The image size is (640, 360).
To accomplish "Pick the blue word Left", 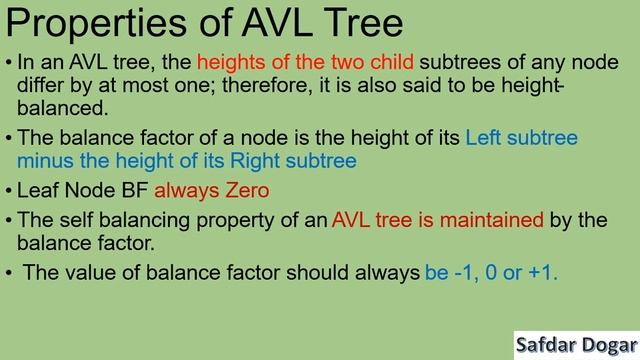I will pyautogui.click(x=486, y=137).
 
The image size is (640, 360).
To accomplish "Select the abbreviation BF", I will pyautogui.click(x=133, y=189).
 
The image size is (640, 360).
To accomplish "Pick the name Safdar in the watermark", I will pyautogui.click(x=548, y=344).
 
